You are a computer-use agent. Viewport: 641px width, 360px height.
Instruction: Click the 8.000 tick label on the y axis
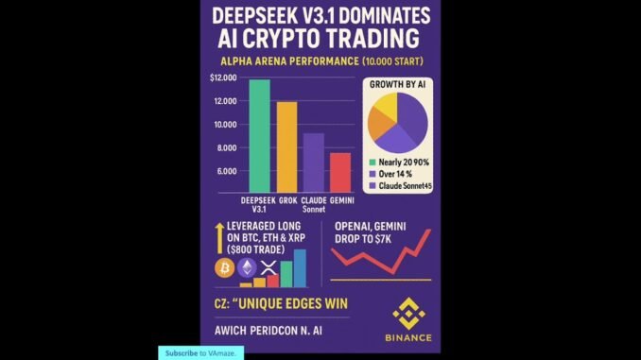point(225,147)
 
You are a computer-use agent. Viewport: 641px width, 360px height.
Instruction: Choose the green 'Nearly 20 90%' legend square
point(372,162)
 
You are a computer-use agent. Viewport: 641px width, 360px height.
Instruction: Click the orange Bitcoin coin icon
point(223,268)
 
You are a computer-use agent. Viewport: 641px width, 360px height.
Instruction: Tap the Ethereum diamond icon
point(247,268)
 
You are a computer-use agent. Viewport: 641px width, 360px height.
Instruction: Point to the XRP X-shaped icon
point(268,269)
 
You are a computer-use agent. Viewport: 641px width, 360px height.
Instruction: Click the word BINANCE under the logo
point(408,337)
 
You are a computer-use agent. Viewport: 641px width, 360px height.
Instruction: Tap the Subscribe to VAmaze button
point(200,352)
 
